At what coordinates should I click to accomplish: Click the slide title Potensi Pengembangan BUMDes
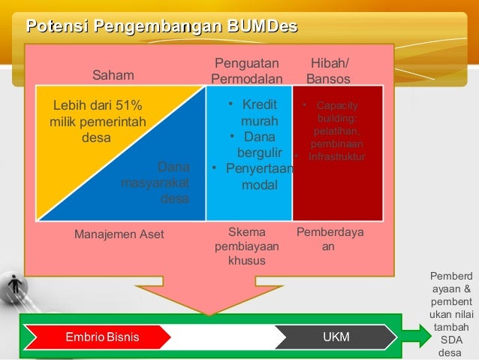click(x=161, y=29)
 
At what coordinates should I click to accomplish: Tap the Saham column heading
click(x=113, y=75)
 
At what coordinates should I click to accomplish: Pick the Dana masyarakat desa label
click(x=156, y=183)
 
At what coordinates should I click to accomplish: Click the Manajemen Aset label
click(x=119, y=234)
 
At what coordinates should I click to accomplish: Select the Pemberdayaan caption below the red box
click(x=330, y=239)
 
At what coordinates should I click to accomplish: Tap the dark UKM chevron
click(x=335, y=337)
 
